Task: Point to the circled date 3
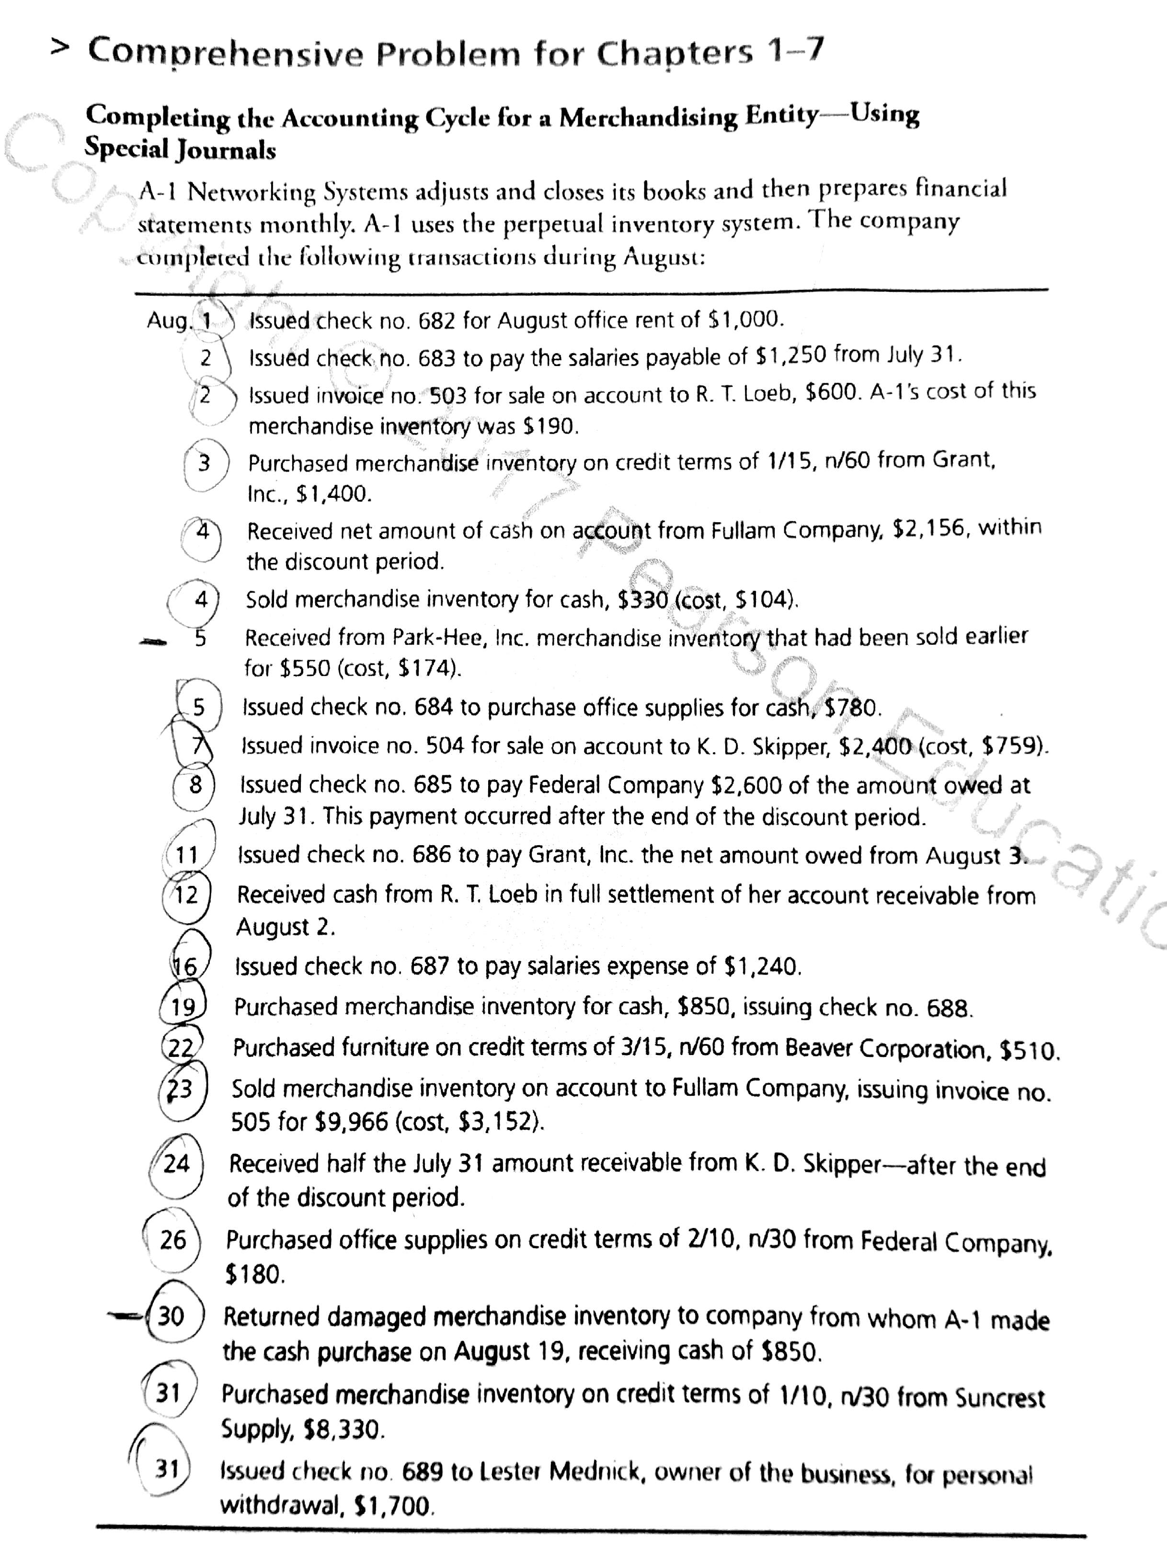coord(205,463)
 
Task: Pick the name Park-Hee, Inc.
coord(461,638)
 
